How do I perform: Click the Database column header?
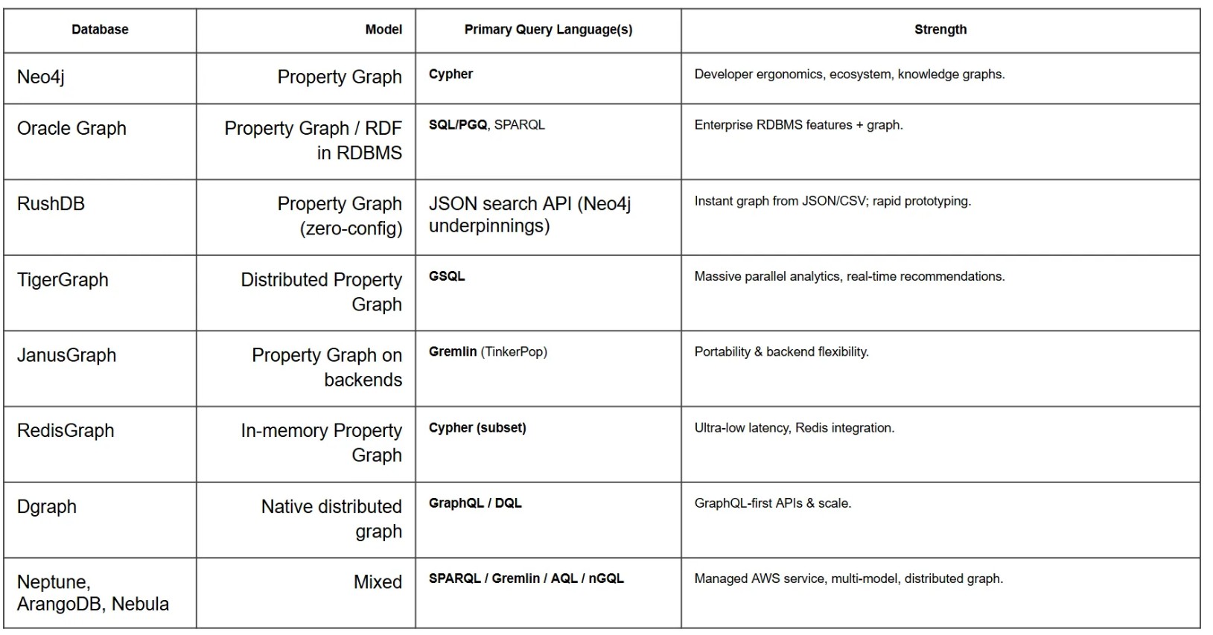click(100, 30)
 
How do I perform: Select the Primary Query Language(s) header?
click(548, 30)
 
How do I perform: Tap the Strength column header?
click(940, 30)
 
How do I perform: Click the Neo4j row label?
click(41, 77)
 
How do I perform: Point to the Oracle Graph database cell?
click(71, 128)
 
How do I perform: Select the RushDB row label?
click(51, 203)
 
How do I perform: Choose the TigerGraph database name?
click(63, 280)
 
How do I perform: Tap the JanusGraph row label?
click(66, 355)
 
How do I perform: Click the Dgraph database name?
click(47, 506)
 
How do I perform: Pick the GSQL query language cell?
click(447, 276)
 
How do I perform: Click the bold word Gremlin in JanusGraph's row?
click(452, 351)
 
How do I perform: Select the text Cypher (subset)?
click(477, 428)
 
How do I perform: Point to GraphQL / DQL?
click(475, 503)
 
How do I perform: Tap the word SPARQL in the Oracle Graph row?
click(519, 125)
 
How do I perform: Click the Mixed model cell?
click(378, 581)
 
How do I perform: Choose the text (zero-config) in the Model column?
click(351, 229)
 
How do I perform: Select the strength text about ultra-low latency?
click(794, 428)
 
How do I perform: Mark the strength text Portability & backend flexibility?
click(781, 351)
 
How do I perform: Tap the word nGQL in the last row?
click(606, 578)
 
